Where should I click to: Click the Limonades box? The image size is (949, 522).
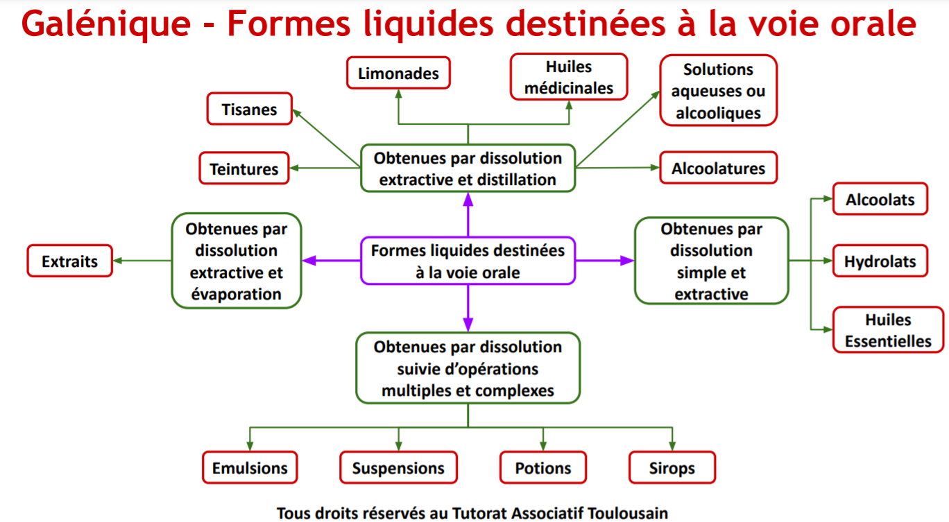click(398, 73)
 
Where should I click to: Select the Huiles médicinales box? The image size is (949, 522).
click(569, 77)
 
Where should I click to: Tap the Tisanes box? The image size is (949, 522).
click(250, 110)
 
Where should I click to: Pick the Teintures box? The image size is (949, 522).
click(244, 168)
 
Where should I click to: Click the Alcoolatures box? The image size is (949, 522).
click(718, 168)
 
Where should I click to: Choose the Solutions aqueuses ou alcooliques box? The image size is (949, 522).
click(717, 91)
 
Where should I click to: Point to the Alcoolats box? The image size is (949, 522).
click(880, 200)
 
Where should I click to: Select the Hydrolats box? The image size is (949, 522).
click(880, 261)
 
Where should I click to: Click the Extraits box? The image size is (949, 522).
click(69, 261)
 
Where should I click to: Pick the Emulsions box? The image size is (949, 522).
click(250, 467)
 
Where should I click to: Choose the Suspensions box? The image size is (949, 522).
click(398, 467)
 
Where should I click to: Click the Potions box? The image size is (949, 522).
click(542, 467)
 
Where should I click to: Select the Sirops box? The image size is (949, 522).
click(672, 467)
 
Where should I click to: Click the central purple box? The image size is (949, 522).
click(468, 261)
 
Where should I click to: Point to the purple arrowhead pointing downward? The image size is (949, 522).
click(468, 323)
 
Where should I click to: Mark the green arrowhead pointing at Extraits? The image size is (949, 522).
click(119, 261)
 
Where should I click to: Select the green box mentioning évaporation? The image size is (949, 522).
click(236, 261)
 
